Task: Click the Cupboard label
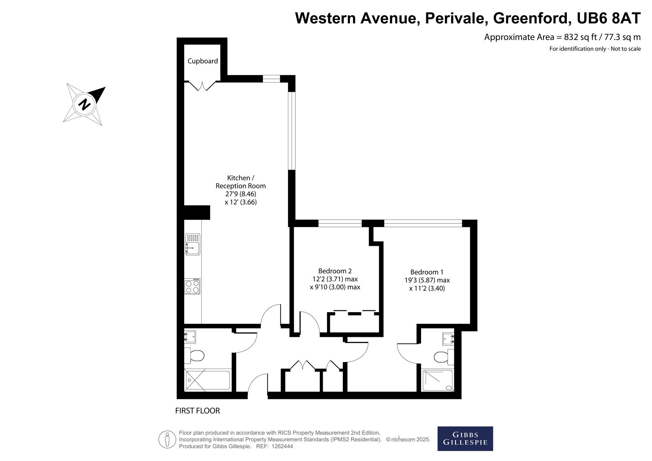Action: click(x=203, y=61)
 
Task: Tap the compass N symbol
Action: click(x=84, y=104)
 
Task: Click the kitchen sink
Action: click(x=193, y=244)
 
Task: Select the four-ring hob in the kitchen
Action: click(x=192, y=286)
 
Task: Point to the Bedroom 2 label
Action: click(x=335, y=271)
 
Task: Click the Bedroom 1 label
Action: click(x=427, y=272)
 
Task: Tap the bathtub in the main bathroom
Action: click(x=208, y=381)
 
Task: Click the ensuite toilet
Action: click(x=444, y=357)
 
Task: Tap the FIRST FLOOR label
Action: click(x=197, y=411)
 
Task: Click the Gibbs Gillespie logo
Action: click(x=465, y=439)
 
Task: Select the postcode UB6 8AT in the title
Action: click(x=608, y=18)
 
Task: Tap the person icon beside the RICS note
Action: click(x=167, y=440)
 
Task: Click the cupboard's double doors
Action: click(x=202, y=85)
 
